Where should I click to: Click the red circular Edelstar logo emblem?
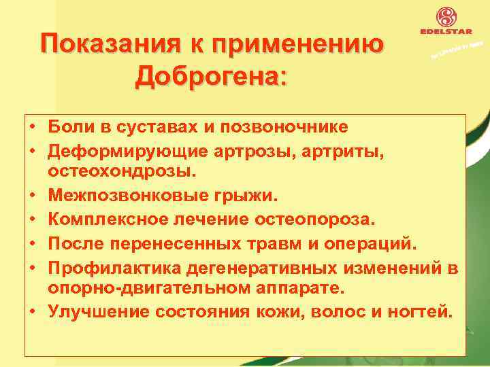(446, 18)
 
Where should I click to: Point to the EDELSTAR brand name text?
(446, 33)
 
